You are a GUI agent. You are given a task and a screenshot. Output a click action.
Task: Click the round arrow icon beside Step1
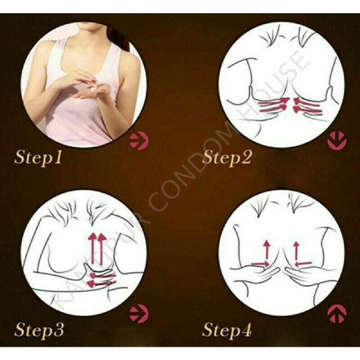(x=137, y=142)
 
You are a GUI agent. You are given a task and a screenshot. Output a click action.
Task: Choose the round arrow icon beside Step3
(x=137, y=312)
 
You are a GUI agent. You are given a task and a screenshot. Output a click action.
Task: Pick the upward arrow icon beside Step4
(x=337, y=313)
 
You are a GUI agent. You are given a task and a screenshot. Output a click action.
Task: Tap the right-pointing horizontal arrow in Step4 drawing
(x=259, y=263)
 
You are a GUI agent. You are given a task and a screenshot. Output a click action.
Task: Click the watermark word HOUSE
(x=282, y=84)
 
